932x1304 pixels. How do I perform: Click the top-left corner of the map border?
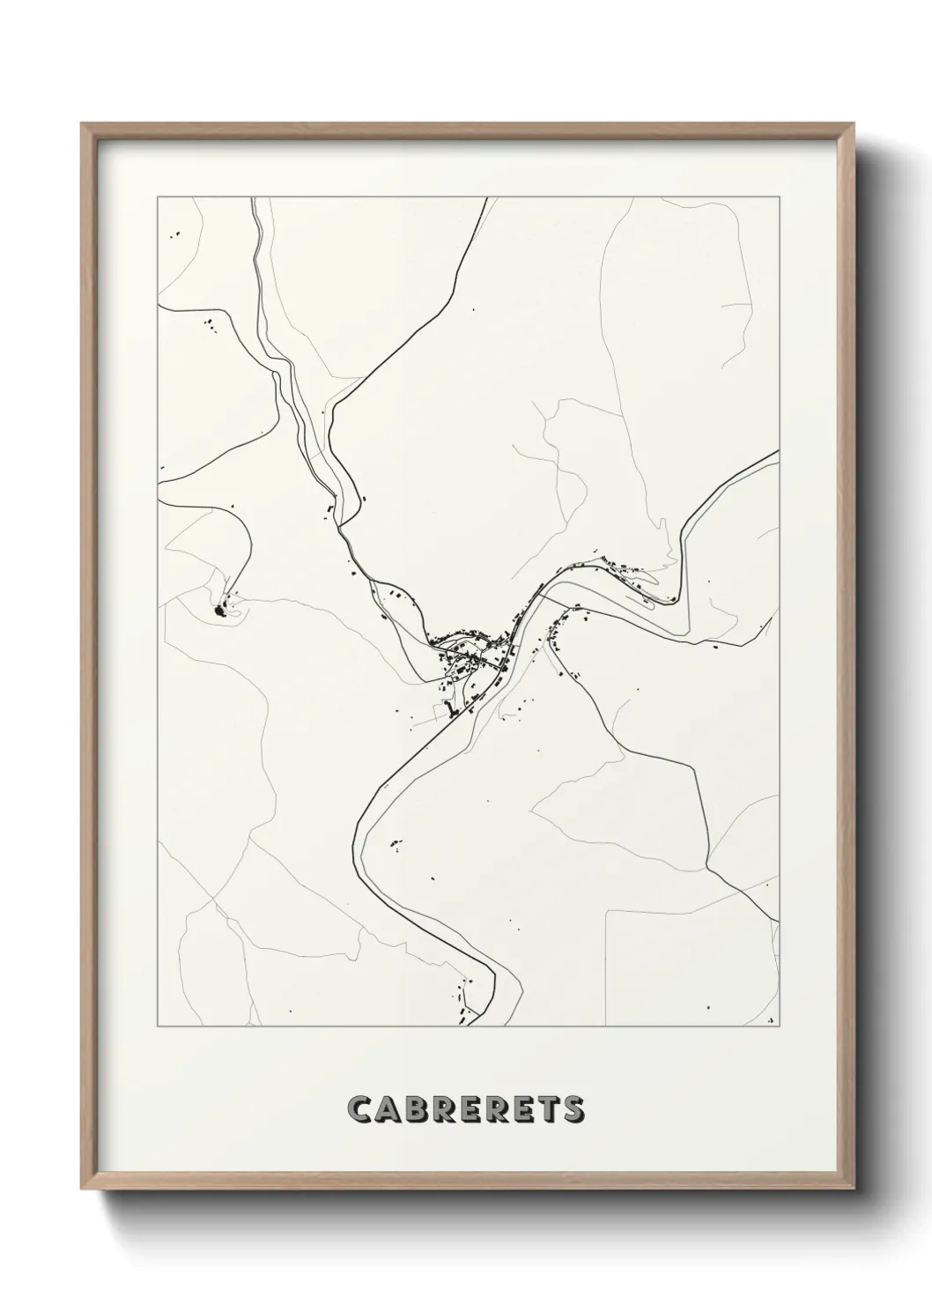click(158, 197)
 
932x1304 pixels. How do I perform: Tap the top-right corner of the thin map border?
click(780, 197)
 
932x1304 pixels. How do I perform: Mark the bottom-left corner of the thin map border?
click(158, 1026)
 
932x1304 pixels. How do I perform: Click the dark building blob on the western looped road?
click(219, 609)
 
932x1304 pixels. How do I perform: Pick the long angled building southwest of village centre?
click(451, 710)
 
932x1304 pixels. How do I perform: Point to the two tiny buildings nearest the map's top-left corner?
click(176, 233)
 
